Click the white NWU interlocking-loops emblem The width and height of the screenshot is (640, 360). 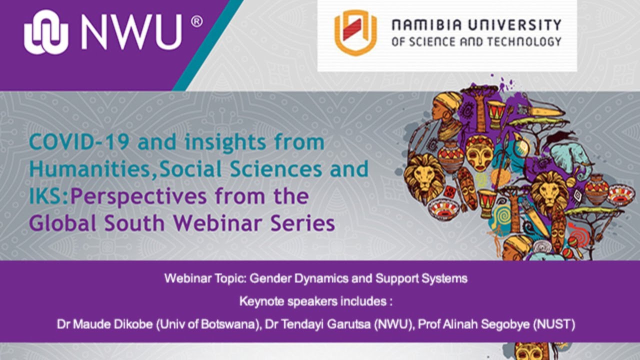[46, 32]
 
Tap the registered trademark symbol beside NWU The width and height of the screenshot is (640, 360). [197, 21]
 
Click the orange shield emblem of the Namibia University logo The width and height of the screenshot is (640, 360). [355, 32]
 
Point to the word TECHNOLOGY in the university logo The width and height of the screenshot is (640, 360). [524, 42]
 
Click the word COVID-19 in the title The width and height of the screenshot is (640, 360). [79, 142]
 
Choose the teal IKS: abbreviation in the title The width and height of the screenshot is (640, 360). [49, 196]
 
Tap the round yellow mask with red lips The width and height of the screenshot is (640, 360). [480, 153]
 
